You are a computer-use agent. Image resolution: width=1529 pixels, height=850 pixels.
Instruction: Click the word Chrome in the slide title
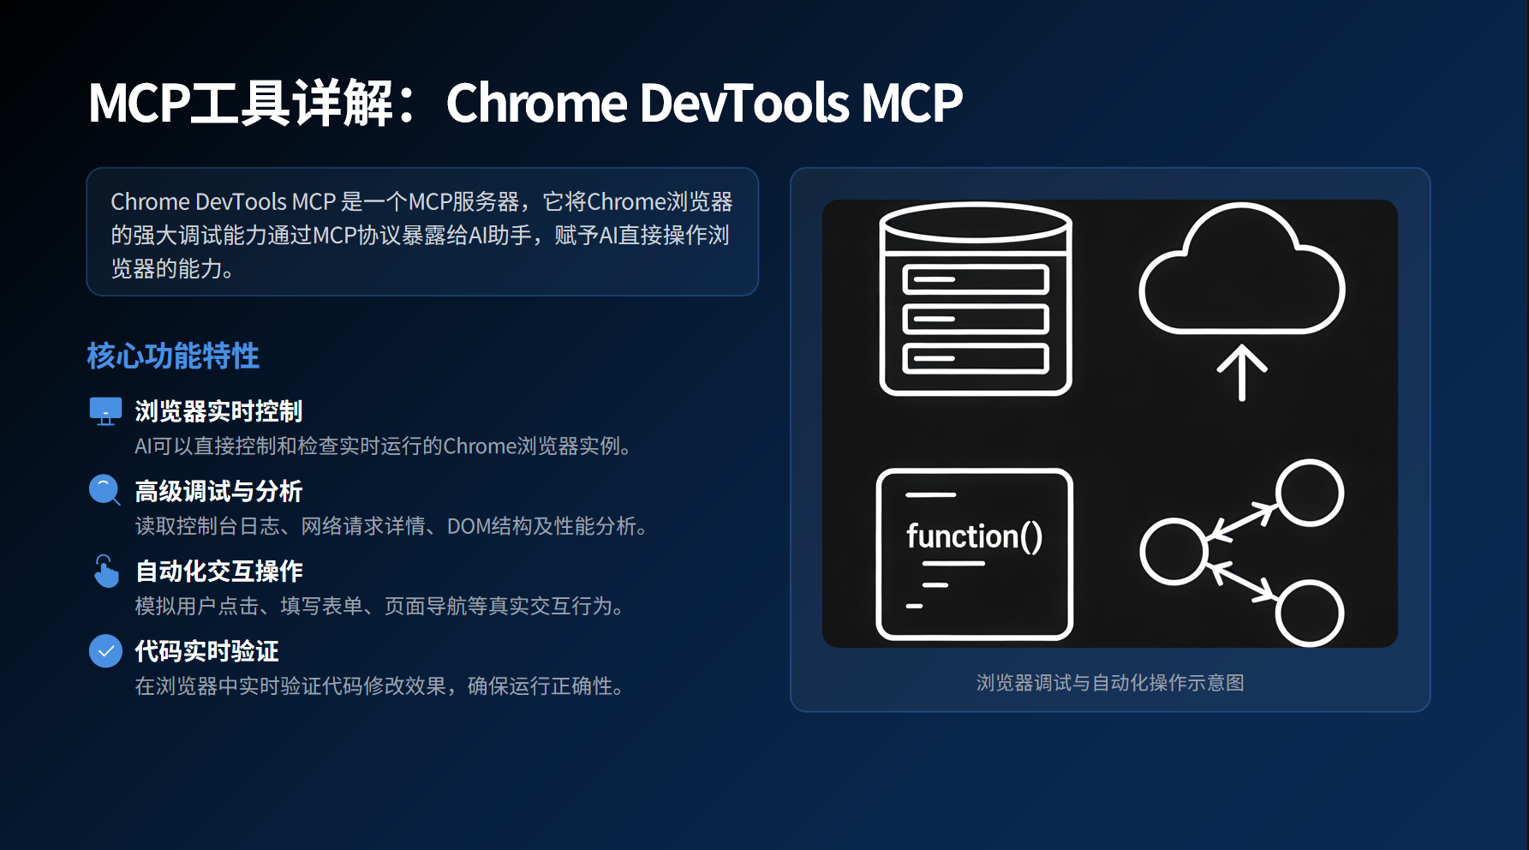(537, 103)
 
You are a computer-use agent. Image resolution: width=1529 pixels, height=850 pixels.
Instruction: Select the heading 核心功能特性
(173, 356)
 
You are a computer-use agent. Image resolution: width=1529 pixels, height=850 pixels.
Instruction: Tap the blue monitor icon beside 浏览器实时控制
(105, 411)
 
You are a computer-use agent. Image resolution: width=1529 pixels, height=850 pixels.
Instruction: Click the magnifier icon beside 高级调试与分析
(105, 490)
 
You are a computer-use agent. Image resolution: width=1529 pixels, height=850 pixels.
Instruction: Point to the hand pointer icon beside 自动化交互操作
(105, 571)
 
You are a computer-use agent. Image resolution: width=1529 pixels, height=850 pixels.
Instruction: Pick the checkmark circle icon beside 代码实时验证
(105, 651)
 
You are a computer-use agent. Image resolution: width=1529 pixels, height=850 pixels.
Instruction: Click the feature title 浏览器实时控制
(218, 411)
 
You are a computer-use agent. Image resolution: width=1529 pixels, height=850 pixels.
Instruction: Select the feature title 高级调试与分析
(218, 491)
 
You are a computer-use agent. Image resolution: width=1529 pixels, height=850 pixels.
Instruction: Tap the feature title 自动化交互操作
(218, 571)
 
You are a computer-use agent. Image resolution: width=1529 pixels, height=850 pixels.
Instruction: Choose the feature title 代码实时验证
(206, 651)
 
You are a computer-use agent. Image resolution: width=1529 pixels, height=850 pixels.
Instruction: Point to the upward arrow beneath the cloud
(1242, 374)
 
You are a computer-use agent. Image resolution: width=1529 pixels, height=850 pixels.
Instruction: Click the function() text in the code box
(975, 536)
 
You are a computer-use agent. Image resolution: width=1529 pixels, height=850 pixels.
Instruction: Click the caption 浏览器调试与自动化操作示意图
(1110, 683)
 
